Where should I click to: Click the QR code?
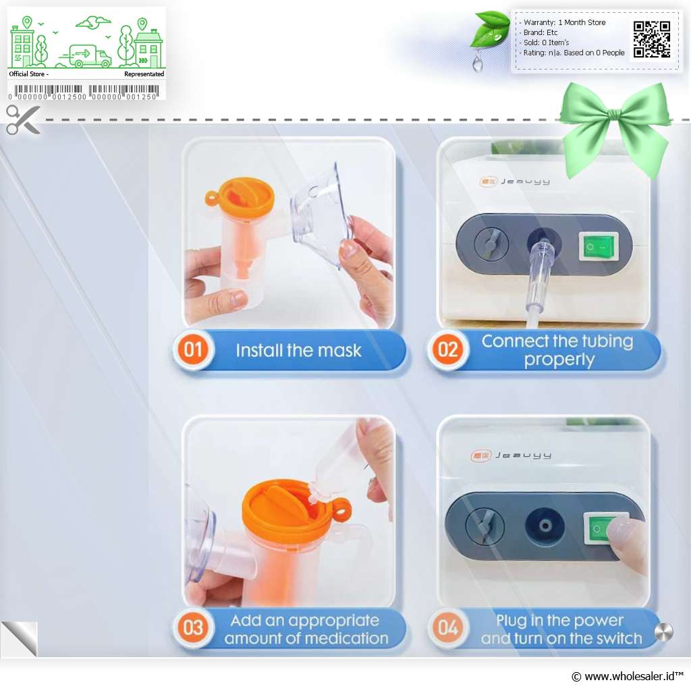pyautogui.click(x=652, y=39)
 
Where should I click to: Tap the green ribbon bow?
pyautogui.click(x=615, y=126)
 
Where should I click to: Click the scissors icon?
pyautogui.click(x=23, y=119)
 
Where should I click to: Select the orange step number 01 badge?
pyautogui.click(x=193, y=350)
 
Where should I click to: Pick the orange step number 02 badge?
pyautogui.click(x=448, y=350)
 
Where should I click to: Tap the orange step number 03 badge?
pyautogui.click(x=193, y=628)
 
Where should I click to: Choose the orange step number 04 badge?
pyautogui.click(x=448, y=628)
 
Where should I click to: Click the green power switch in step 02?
pyautogui.click(x=599, y=246)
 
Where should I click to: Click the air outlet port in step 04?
pyautogui.click(x=545, y=526)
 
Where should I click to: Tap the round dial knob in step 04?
pyautogui.click(x=485, y=525)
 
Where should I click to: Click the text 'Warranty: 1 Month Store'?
pyautogui.click(x=564, y=22)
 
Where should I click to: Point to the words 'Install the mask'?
pyautogui.click(x=298, y=351)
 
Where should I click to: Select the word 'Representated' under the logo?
pyautogui.click(x=144, y=74)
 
